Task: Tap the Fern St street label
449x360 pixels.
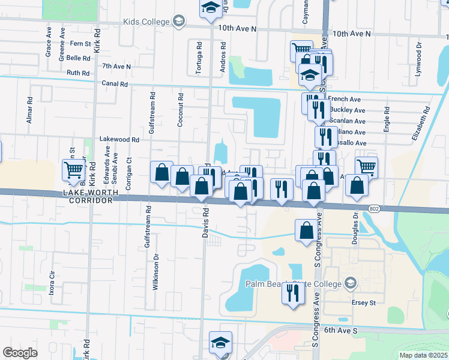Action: tap(80, 44)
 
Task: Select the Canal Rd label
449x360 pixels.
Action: tap(115, 85)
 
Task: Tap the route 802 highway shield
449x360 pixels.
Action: tap(374, 208)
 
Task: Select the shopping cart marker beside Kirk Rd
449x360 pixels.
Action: tap(73, 170)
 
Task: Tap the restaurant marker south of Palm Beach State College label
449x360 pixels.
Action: tap(293, 294)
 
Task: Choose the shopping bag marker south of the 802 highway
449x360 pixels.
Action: tap(306, 230)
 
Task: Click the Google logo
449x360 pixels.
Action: tap(20, 353)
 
